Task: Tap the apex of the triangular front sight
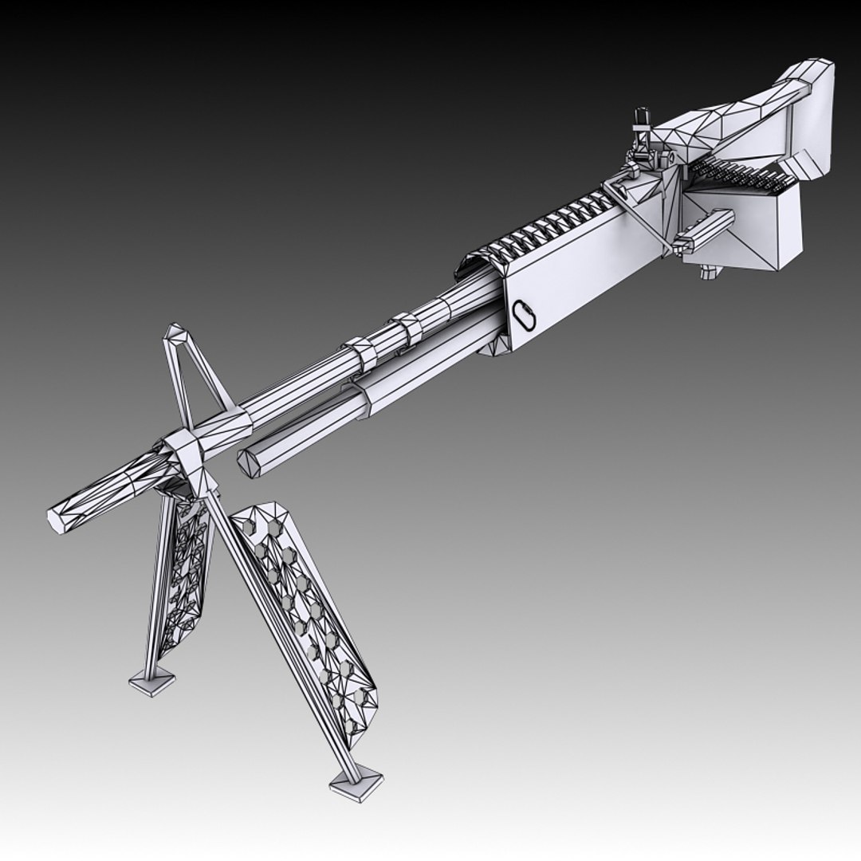click(x=175, y=332)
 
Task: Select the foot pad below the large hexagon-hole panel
click(x=356, y=780)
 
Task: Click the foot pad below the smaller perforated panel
click(x=152, y=682)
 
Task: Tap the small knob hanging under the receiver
click(x=707, y=273)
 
